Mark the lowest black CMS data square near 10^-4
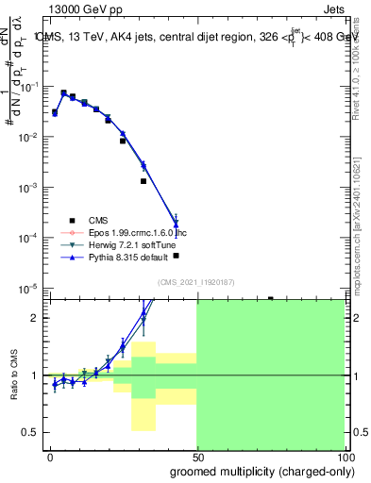click(x=176, y=256)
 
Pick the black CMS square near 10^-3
click(x=143, y=181)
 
